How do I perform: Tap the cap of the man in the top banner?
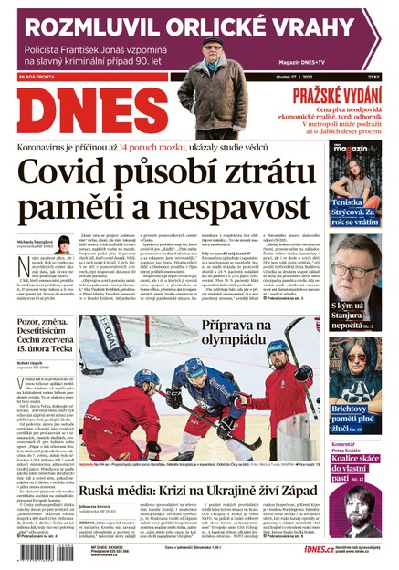pos(213,43)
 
